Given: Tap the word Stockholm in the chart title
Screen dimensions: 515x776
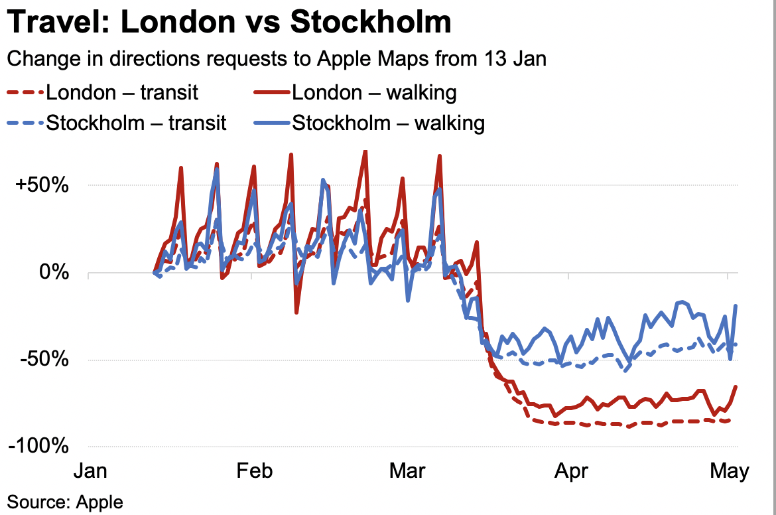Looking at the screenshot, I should [x=371, y=23].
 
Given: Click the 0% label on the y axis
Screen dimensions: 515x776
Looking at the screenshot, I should [x=54, y=272].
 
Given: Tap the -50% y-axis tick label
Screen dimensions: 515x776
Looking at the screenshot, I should [x=46, y=360].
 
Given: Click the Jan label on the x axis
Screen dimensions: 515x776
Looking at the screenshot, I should [x=90, y=471].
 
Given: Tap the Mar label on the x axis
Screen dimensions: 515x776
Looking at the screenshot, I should [x=407, y=471].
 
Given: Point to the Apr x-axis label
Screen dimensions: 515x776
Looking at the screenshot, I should [x=570, y=471].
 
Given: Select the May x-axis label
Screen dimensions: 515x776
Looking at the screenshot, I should [x=728, y=471].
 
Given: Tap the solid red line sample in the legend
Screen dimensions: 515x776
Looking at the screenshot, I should [x=272, y=92].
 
